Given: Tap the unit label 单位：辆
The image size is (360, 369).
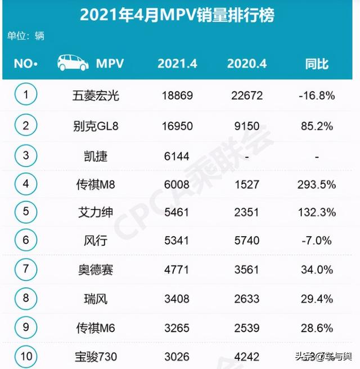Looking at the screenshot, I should click(x=26, y=36).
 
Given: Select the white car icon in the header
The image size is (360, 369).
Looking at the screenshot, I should click(x=73, y=63).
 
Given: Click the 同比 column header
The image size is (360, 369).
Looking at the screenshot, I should click(x=317, y=64).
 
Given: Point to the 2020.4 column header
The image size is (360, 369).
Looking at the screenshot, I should click(x=247, y=64).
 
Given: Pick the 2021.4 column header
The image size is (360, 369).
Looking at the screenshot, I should click(x=177, y=64).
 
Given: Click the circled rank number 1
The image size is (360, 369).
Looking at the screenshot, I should click(x=25, y=94).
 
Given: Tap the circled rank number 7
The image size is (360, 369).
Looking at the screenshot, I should click(x=25, y=269).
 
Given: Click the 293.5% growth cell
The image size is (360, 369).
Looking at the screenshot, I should click(x=317, y=183).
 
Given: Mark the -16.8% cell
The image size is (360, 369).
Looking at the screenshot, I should click(x=317, y=96).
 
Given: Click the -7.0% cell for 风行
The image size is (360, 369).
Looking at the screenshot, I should click(x=317, y=241).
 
